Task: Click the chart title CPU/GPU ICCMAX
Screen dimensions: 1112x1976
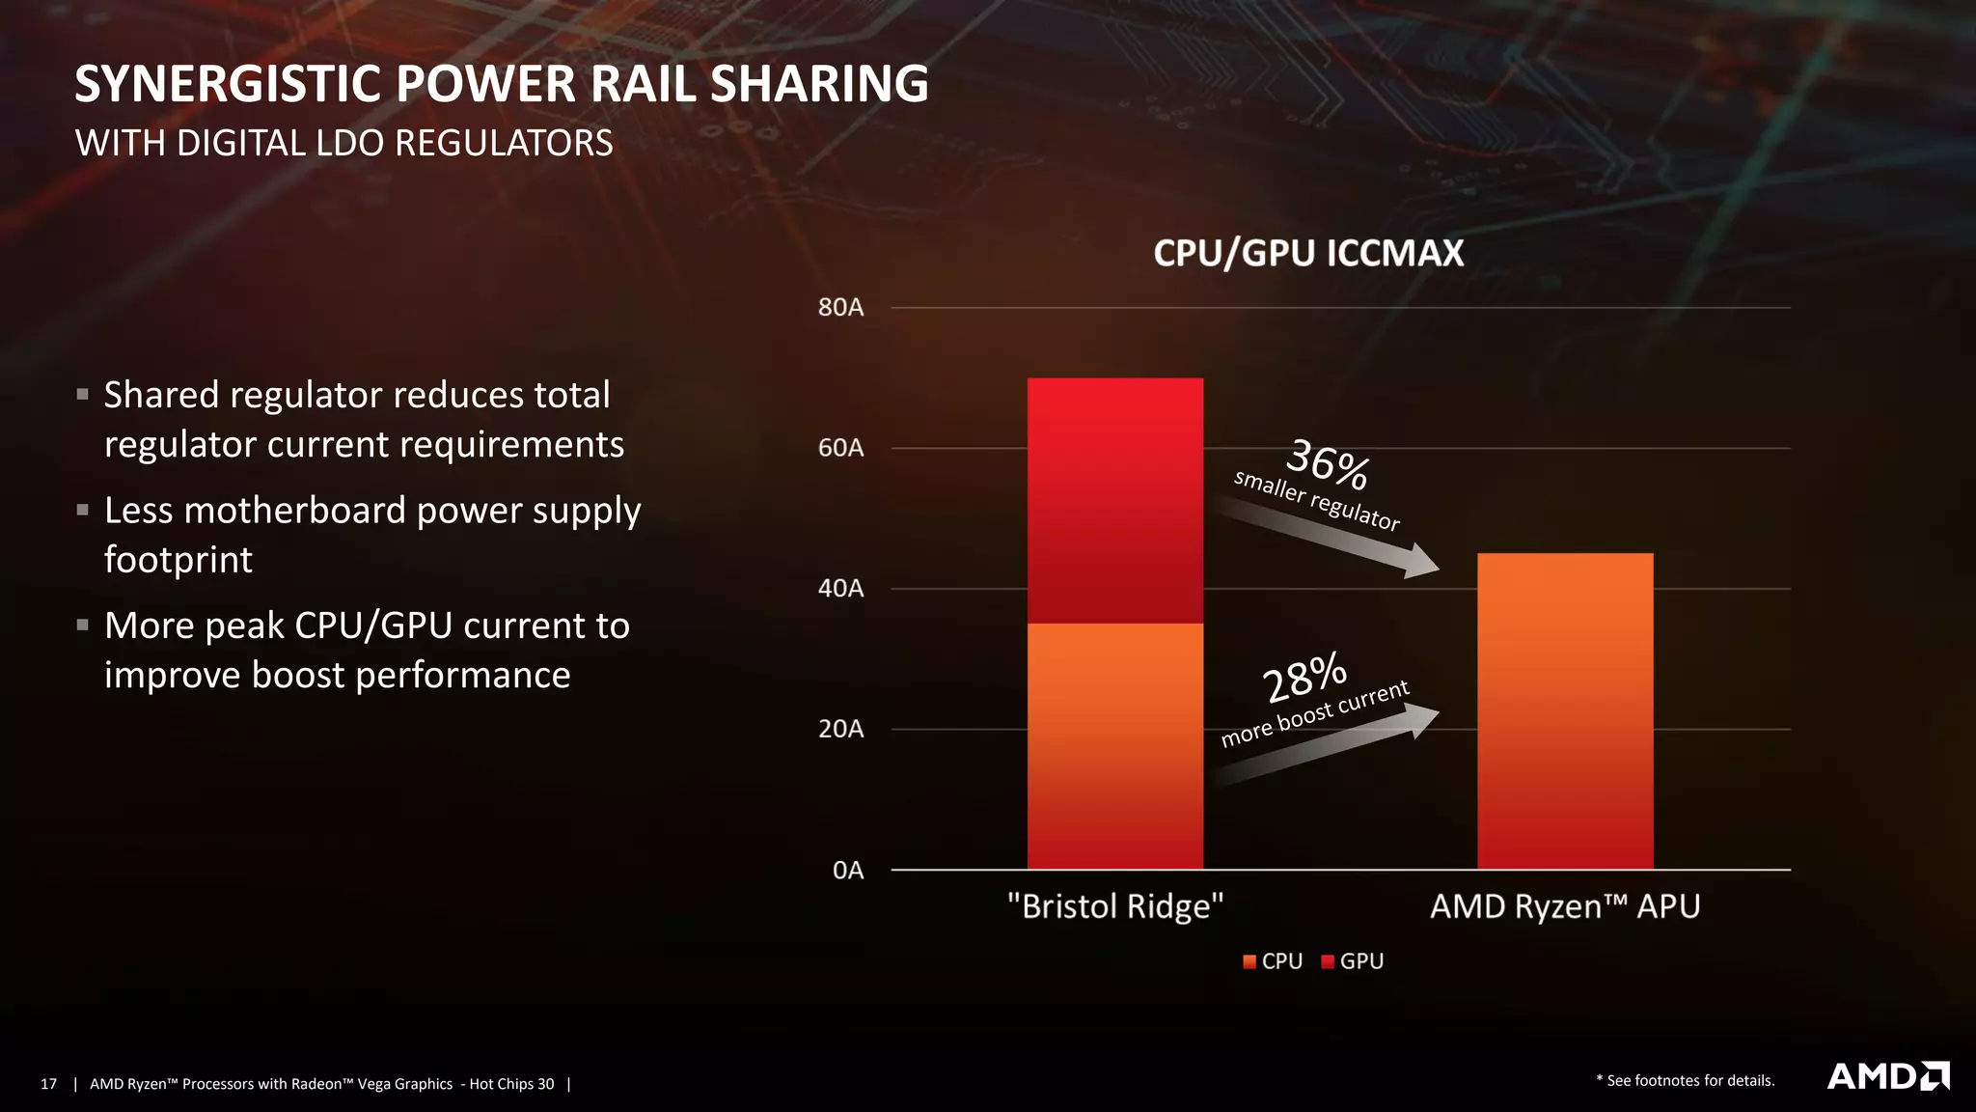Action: pyautogui.click(x=1308, y=253)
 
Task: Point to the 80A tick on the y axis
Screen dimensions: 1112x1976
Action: pyautogui.click(x=840, y=308)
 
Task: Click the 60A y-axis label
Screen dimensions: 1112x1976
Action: pyautogui.click(x=840, y=448)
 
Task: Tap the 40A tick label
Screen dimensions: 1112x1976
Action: pyautogui.click(x=840, y=589)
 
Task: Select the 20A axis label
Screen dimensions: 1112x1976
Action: pyautogui.click(x=840, y=729)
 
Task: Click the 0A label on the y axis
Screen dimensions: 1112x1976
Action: pyautogui.click(x=847, y=871)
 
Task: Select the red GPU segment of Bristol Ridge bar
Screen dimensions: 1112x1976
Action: pyautogui.click(x=1114, y=500)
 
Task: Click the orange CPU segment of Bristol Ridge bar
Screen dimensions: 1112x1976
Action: pyautogui.click(x=1114, y=745)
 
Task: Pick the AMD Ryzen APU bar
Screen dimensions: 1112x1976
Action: pyautogui.click(x=1564, y=710)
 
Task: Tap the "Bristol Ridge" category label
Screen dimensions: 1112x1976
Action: pyautogui.click(x=1114, y=906)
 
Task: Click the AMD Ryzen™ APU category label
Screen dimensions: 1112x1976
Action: pyautogui.click(x=1564, y=906)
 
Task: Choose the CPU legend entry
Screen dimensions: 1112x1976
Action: pyautogui.click(x=1273, y=961)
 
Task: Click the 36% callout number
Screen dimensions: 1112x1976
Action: pyautogui.click(x=1328, y=463)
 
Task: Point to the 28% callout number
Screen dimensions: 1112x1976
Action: pyautogui.click(x=1304, y=677)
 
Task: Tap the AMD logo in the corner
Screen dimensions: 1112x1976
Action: pyautogui.click(x=1887, y=1076)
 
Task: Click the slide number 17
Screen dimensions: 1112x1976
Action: pyautogui.click(x=48, y=1084)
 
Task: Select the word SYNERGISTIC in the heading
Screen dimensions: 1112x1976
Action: pyautogui.click(x=228, y=84)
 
